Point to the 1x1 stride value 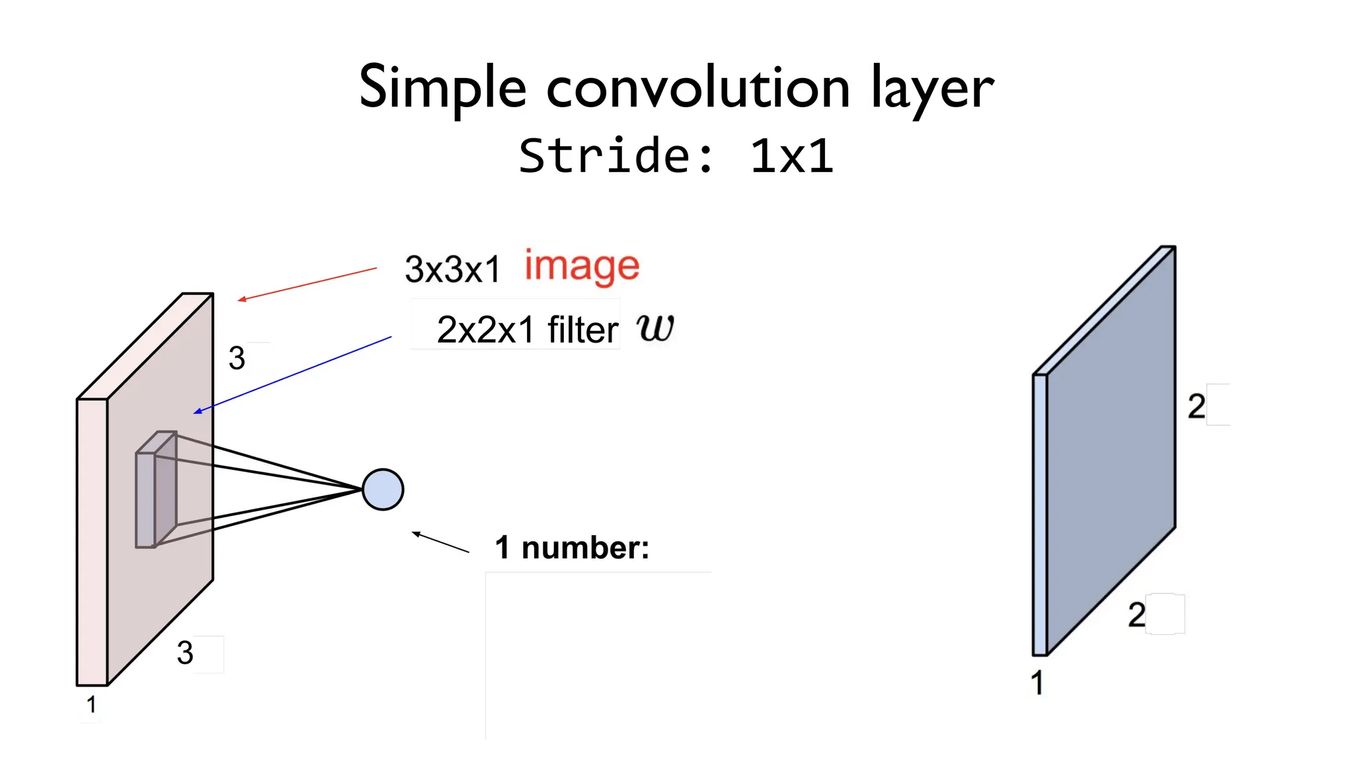(791, 157)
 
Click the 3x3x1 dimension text (453, 269)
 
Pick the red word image (582, 267)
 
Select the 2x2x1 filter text (527, 329)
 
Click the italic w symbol (655, 327)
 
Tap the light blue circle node (383, 489)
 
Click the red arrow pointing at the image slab (307, 284)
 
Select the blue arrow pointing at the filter (292, 375)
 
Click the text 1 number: (572, 548)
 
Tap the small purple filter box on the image (156, 489)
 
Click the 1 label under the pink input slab (91, 705)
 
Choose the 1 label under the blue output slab (1037, 683)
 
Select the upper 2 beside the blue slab (1196, 406)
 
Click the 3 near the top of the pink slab (237, 358)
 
